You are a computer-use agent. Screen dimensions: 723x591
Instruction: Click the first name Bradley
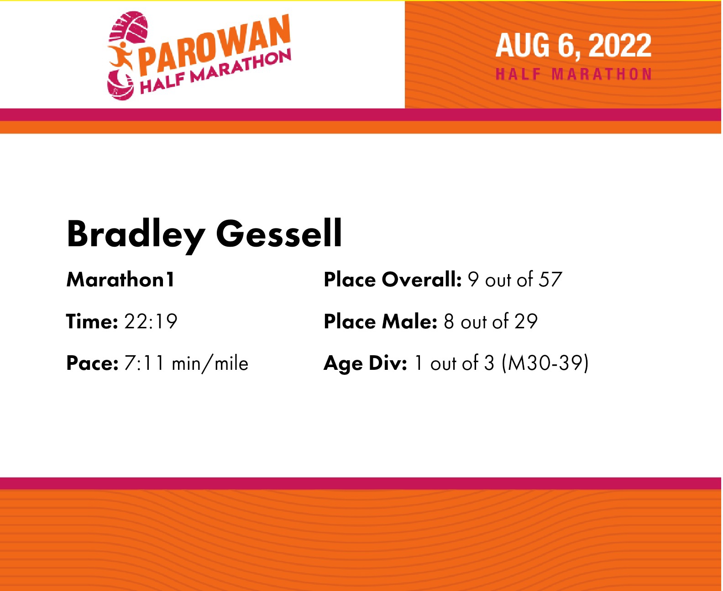click(x=136, y=235)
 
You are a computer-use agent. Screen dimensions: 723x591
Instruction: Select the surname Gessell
click(x=279, y=233)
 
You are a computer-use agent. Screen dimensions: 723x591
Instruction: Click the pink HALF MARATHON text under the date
click(x=574, y=74)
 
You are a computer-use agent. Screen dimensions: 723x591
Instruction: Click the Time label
click(x=92, y=321)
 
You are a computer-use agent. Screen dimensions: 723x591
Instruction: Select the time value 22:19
click(x=151, y=321)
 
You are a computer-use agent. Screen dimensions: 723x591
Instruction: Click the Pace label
click(x=92, y=363)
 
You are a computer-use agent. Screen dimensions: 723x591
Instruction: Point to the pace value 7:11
click(x=144, y=363)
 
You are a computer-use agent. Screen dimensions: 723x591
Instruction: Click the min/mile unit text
click(x=210, y=364)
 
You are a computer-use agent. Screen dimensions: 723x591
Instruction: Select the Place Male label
click(x=381, y=321)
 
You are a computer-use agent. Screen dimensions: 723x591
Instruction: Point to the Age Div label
click(x=366, y=364)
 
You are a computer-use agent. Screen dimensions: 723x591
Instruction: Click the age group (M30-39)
click(x=545, y=363)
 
